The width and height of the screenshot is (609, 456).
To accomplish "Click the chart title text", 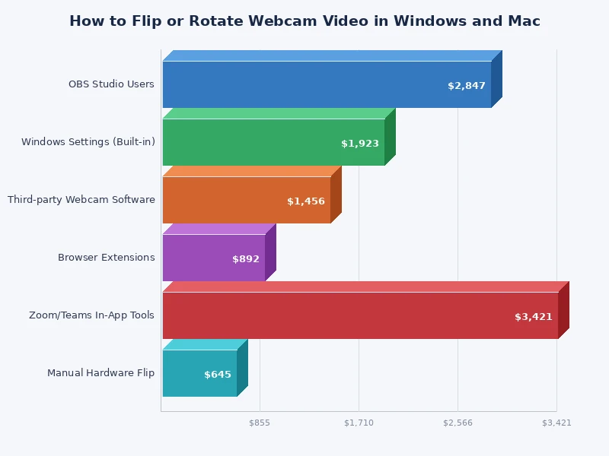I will pos(304,21).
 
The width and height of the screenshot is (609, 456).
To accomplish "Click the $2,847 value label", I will pos(467,86).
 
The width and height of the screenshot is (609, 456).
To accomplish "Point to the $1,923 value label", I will pos(360,144).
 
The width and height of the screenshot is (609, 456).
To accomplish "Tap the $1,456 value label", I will pos(306,201).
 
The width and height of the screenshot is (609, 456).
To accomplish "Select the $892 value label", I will pos(246,259).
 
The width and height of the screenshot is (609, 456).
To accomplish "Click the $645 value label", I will pos(218,375).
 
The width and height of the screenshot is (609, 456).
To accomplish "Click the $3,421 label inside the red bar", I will pos(534,317).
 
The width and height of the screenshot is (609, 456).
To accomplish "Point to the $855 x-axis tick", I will pos(260,423).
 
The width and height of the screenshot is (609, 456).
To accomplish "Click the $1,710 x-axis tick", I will pos(359,423).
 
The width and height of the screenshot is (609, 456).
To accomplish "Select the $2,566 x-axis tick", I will pos(458,423).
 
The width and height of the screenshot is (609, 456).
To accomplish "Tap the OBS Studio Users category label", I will pos(111,84).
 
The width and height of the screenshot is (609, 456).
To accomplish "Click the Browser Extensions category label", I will pos(107,258).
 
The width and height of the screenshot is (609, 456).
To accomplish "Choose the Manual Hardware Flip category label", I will pos(101,373).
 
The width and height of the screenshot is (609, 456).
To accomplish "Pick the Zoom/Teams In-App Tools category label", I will pos(91,315).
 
